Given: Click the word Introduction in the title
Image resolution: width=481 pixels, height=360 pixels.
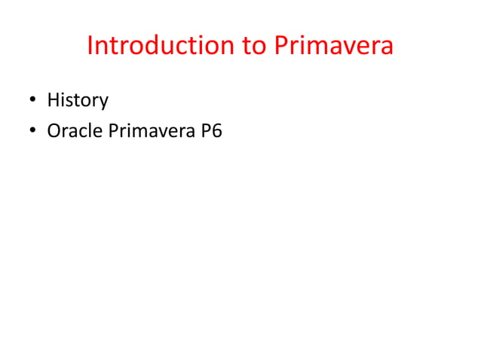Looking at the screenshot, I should pos(159,46).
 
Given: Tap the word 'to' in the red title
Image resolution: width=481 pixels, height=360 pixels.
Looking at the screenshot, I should pos(254,46).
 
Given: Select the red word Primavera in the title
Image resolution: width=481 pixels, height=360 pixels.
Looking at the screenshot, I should pos(332,46).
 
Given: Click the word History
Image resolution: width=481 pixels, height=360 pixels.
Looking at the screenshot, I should pos(78,100).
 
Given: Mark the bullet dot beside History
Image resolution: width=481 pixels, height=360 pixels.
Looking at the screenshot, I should pos(33,101).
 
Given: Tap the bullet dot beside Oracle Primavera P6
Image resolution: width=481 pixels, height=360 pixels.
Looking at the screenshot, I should pos(33,132).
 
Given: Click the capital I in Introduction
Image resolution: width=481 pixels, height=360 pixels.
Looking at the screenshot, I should pos(90,46).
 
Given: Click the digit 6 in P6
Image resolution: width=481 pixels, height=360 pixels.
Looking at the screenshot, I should pos(217,131).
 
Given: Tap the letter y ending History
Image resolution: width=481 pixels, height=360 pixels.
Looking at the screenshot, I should pos(104,102).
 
